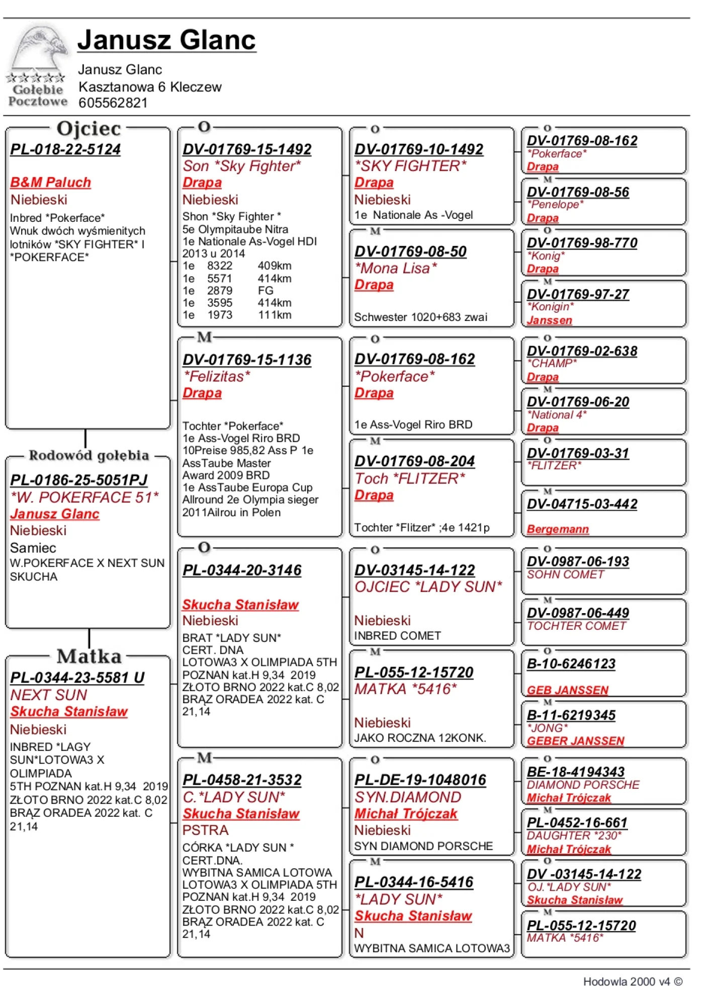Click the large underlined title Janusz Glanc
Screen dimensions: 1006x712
click(166, 40)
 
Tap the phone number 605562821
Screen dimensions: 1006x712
click(113, 103)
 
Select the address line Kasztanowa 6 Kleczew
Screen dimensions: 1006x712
click(150, 87)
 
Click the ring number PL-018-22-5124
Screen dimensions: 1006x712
click(65, 149)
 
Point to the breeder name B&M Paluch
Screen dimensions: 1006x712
click(50, 182)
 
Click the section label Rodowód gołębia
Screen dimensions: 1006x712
click(88, 455)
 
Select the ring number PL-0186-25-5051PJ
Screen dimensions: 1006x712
click(79, 480)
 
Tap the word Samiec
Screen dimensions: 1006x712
click(33, 548)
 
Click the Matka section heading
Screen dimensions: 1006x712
click(89, 656)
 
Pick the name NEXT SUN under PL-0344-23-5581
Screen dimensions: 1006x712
click(49, 695)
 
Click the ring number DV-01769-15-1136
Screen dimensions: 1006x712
click(247, 360)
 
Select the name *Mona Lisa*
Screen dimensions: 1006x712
click(396, 268)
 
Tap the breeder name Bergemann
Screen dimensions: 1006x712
click(558, 529)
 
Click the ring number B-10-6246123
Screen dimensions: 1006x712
click(571, 664)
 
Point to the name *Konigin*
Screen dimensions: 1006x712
click(550, 307)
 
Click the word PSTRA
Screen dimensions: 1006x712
click(205, 830)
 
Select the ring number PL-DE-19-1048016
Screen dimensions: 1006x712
click(420, 780)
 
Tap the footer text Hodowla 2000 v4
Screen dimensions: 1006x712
click(627, 981)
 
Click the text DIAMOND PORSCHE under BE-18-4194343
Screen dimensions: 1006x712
click(583, 785)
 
